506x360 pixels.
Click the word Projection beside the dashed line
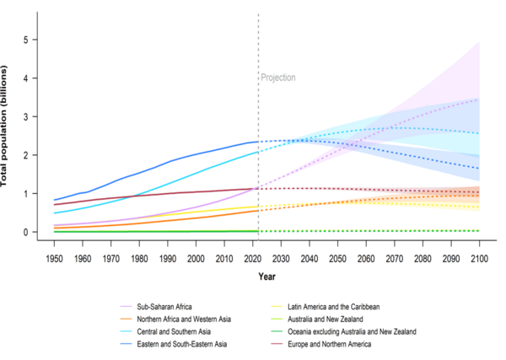pyautogui.click(x=277, y=78)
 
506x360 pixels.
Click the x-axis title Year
pyautogui.click(x=266, y=276)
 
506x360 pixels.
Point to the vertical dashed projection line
pyautogui.click(x=258, y=126)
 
